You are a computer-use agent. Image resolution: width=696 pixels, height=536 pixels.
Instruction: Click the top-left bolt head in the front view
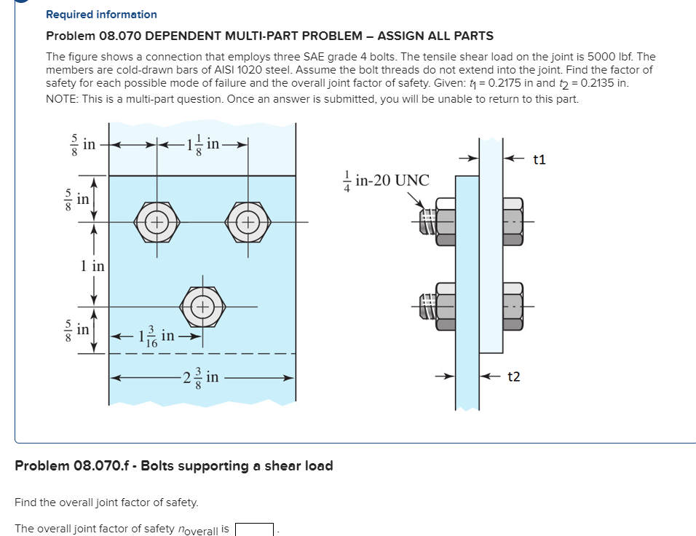pos(156,221)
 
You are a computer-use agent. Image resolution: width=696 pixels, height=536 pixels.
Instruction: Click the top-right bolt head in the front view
pos(248,221)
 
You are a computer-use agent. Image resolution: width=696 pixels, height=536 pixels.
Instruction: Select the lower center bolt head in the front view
pos(202,306)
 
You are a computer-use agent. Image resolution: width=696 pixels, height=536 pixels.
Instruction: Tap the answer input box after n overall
pos(254,529)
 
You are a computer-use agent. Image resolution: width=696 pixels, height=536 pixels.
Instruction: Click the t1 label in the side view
pos(539,159)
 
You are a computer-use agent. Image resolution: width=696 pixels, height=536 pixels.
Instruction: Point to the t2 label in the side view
pos(514,377)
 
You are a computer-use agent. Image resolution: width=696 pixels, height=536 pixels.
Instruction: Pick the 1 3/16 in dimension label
pos(156,336)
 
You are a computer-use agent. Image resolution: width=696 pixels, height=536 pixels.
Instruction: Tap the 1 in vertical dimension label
pos(92,267)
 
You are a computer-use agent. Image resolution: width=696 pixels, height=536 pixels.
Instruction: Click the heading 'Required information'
pos(101,15)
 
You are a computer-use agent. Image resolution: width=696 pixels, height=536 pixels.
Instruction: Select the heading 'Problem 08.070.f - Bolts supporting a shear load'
pos(174,466)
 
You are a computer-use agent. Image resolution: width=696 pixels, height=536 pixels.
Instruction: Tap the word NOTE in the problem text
pos(61,98)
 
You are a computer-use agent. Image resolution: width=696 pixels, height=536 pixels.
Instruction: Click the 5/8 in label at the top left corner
pos(79,145)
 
